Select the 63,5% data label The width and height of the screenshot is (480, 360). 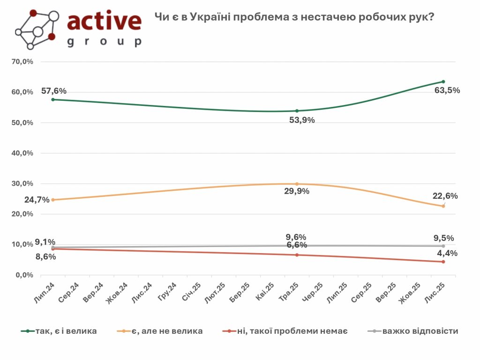[448, 90]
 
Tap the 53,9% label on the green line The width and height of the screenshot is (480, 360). [302, 120]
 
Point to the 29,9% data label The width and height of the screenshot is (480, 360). [296, 191]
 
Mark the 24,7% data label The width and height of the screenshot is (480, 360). [37, 200]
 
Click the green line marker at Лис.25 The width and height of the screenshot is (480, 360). [443, 82]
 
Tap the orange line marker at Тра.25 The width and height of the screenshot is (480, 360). [297, 184]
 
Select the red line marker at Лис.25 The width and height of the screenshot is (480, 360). [443, 262]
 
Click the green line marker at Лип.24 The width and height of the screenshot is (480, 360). [53, 99]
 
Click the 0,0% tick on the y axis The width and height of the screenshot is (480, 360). [25, 275]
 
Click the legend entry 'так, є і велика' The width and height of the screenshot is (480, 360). [66, 331]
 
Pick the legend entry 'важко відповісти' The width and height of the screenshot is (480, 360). [420, 331]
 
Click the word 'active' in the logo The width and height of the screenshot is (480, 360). [104, 21]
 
